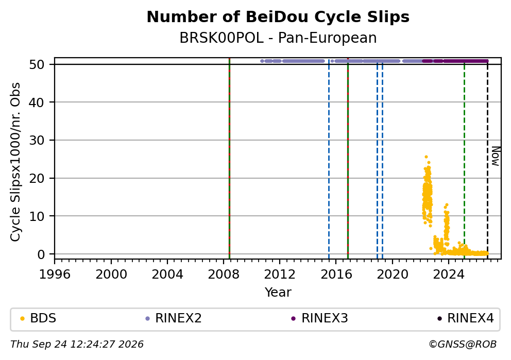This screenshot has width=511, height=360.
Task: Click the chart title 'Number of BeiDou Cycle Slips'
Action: click(278, 17)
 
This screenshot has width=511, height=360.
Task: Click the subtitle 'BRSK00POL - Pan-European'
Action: click(278, 38)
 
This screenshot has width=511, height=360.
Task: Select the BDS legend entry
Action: click(38, 318)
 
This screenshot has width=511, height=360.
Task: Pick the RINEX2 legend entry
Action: click(174, 318)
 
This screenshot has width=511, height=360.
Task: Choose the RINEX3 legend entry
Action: click(320, 318)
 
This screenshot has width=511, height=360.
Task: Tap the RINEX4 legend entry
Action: click(465, 318)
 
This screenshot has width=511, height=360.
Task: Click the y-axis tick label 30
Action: click(37, 140)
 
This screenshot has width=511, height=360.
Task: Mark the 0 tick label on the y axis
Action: click(41, 254)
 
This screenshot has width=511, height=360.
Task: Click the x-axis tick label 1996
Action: click(55, 275)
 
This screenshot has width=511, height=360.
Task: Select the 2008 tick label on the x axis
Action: click(224, 275)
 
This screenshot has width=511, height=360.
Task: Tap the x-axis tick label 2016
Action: click(336, 275)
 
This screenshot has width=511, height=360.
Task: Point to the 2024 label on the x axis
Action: click(449, 275)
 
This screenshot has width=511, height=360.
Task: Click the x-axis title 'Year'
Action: click(278, 292)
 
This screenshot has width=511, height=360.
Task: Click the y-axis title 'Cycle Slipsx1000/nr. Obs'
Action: click(15, 162)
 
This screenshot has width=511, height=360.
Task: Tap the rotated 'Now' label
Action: click(496, 156)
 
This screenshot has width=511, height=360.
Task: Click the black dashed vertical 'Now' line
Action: click(487, 159)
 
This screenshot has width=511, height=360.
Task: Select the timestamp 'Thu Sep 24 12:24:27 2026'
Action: click(77, 345)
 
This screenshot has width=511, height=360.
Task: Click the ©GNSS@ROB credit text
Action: click(463, 345)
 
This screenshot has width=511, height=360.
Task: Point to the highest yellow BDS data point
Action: click(426, 157)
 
